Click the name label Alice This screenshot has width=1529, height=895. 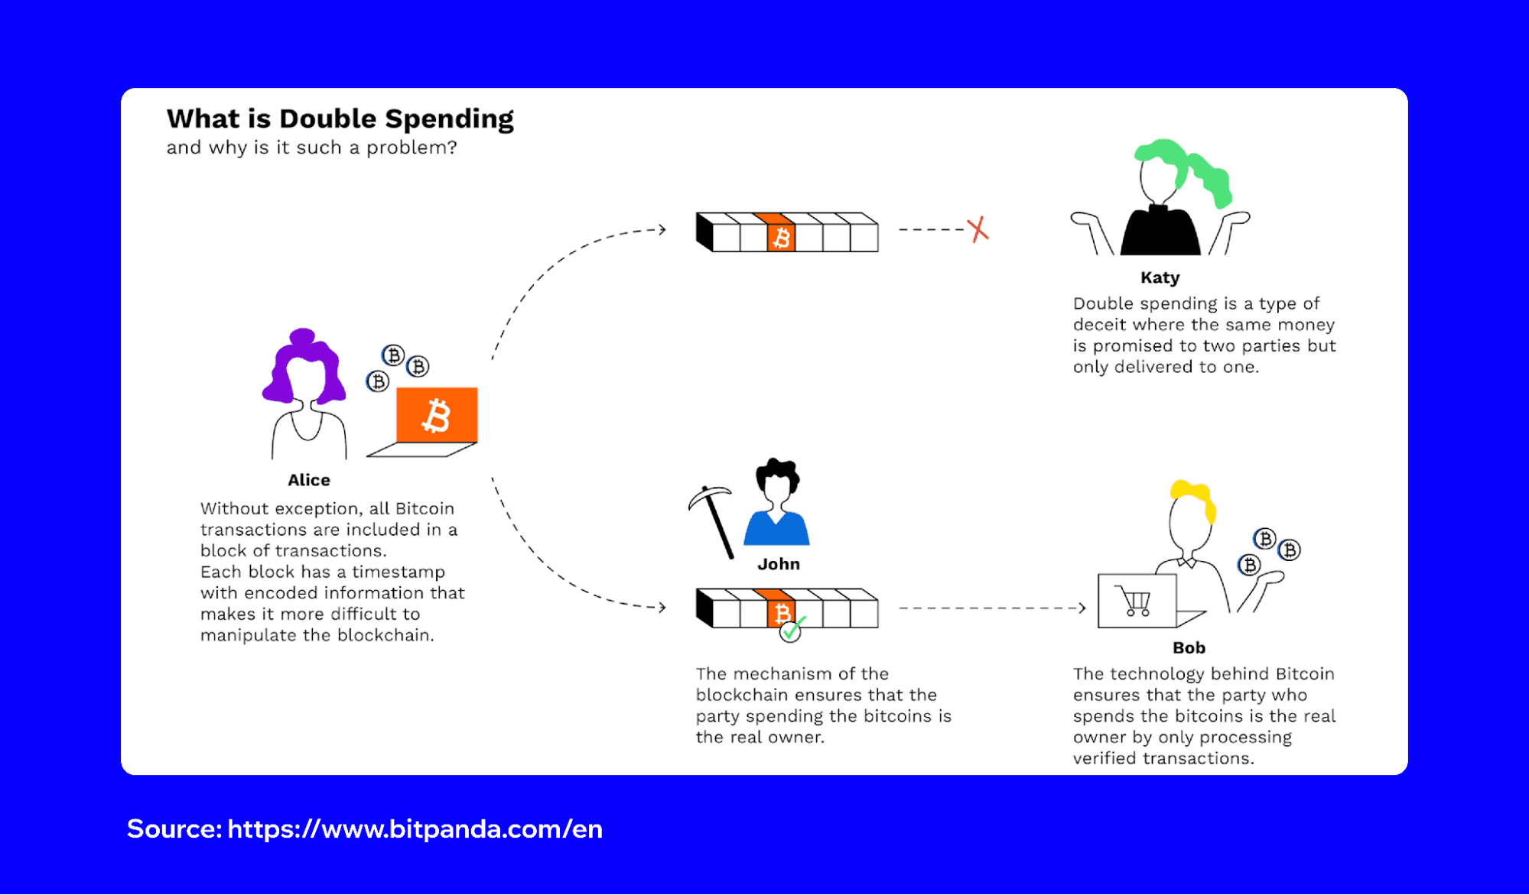[x=309, y=480]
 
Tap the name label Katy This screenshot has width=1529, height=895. [x=1160, y=277]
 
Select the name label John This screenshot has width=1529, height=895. [x=779, y=564]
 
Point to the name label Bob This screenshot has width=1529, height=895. [x=1189, y=648]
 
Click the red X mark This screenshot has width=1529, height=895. [x=978, y=229]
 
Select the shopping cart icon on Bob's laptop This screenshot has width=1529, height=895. [x=1136, y=601]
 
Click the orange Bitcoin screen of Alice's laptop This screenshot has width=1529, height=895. [x=437, y=415]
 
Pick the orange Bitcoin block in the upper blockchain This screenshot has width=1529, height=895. [x=781, y=237]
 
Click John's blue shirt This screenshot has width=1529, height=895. [x=777, y=530]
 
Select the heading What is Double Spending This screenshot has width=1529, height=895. [x=340, y=119]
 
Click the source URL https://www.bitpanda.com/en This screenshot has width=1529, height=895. [x=415, y=829]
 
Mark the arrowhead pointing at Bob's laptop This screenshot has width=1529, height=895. [x=1082, y=608]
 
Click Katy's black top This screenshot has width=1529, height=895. [x=1160, y=233]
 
